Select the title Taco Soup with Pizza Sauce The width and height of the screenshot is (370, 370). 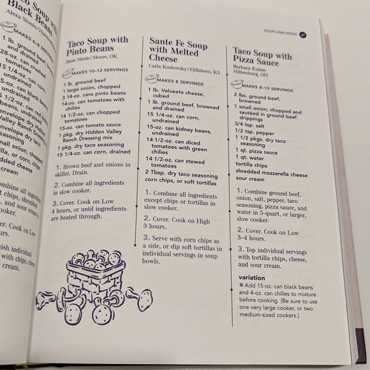(x=262, y=56)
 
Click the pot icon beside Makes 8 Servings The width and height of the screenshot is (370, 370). (x=151, y=79)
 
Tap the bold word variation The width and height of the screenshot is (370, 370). (x=251, y=278)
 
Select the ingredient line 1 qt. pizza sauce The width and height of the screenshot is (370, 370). (x=258, y=152)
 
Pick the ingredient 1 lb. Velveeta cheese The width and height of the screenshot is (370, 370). (x=175, y=91)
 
